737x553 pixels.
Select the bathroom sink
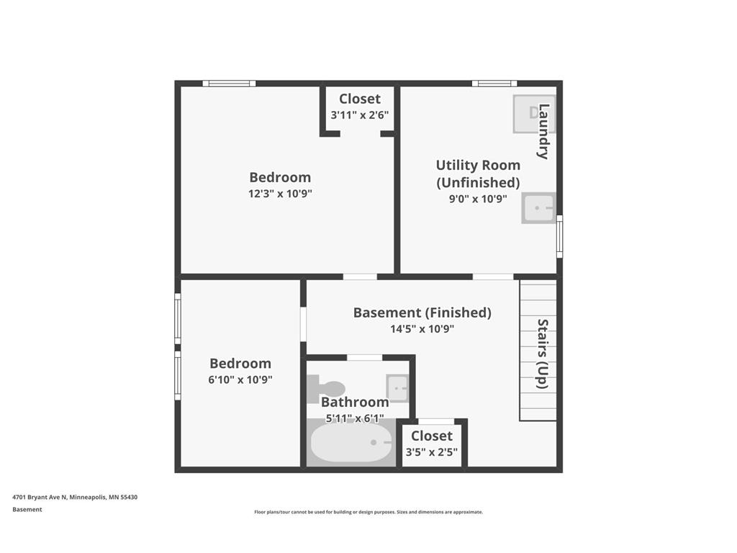tap(397, 387)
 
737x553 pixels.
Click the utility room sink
tap(538, 208)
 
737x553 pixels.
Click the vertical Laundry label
tap(544, 132)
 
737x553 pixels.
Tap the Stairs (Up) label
tap(543, 354)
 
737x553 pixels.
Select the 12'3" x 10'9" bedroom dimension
tap(280, 194)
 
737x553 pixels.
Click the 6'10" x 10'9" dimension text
tap(240, 379)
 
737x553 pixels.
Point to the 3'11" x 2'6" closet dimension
tap(360, 114)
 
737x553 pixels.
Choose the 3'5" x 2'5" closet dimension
tap(432, 452)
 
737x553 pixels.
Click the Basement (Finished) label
tap(422, 313)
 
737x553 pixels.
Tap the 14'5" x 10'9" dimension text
tap(422, 329)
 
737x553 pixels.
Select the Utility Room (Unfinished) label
tap(478, 174)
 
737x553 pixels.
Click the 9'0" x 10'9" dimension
tap(478, 199)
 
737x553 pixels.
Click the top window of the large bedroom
tap(229, 84)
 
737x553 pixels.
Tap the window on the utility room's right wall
tap(559, 235)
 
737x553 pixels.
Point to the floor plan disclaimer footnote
tap(368, 512)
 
